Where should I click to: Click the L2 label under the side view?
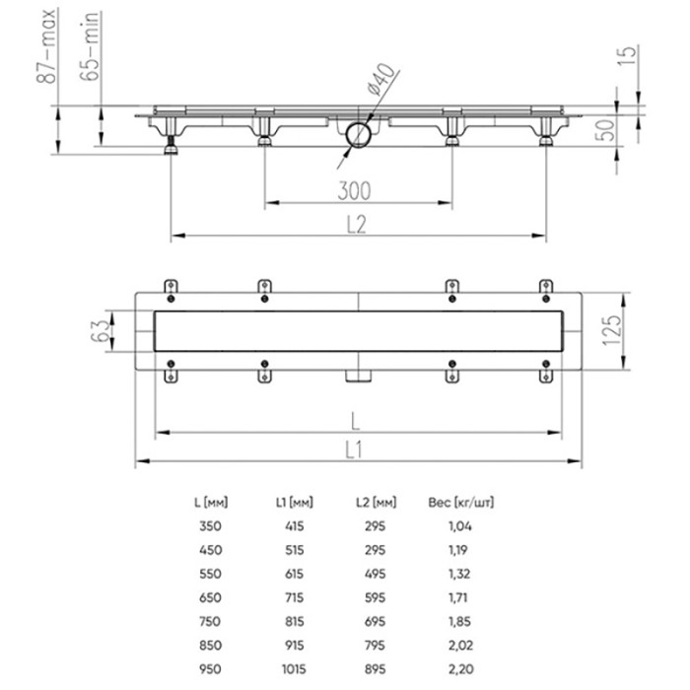click(x=356, y=224)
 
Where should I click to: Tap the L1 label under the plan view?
click(x=356, y=449)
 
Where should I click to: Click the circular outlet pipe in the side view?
click(x=357, y=133)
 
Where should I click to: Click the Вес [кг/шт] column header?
click(x=459, y=502)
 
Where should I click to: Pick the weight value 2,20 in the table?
click(x=460, y=667)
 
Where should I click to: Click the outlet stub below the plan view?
click(x=357, y=375)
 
